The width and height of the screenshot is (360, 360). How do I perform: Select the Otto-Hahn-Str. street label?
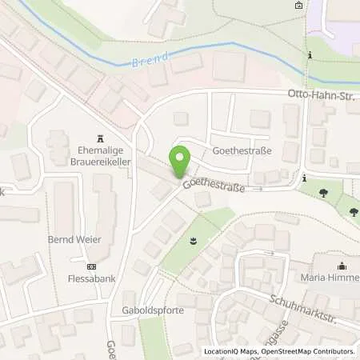tap(322, 95)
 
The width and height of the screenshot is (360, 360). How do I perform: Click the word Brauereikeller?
tap(100, 159)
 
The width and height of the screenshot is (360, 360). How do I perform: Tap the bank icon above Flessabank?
tap(90, 267)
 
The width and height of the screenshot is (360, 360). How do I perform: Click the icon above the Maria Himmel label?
tap(342, 266)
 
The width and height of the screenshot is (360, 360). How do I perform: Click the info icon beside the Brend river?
tap(309, 55)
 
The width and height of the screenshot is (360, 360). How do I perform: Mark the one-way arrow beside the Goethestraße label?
tap(258, 190)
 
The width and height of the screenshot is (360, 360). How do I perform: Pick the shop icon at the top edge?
tap(298, 6)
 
